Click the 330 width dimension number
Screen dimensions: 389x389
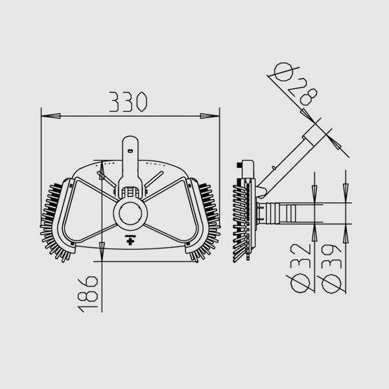pos(128,102)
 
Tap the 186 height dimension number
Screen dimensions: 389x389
pos(88,294)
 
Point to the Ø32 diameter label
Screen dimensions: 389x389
pos(300,268)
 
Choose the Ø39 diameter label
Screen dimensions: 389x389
pos(331,269)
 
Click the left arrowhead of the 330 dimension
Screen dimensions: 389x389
pos(51,116)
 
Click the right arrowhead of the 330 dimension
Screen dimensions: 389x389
pos(210,116)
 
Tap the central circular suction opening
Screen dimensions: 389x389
pos(130,213)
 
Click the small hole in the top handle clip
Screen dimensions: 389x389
pos(130,151)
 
